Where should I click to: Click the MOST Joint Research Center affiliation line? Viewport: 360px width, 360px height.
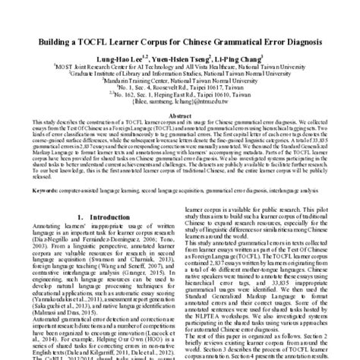tap(180, 66)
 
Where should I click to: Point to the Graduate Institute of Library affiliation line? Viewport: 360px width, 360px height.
tap(180, 74)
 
